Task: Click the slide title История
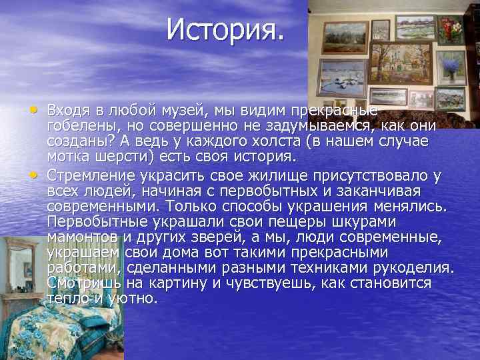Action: (x=225, y=29)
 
